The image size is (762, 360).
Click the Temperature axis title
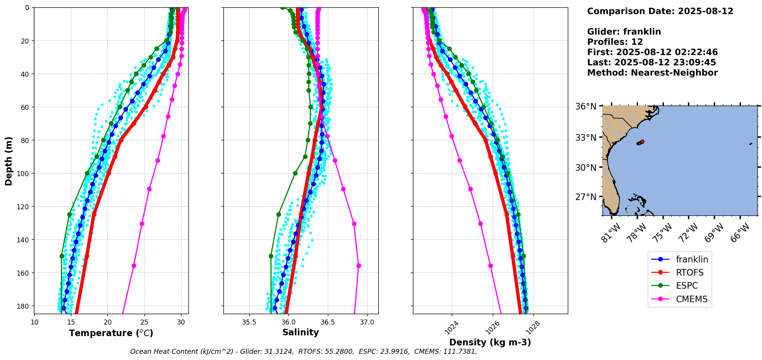pyautogui.click(x=111, y=333)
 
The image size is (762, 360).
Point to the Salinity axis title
pyautogui.click(x=300, y=332)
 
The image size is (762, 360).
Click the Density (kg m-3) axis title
pyautogui.click(x=490, y=342)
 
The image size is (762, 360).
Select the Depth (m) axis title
pyautogui.click(x=9, y=161)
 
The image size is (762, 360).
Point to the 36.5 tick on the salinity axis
pyautogui.click(x=327, y=322)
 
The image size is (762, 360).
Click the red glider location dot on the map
pyautogui.click(x=642, y=142)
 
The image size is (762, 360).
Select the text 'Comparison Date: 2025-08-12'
pyautogui.click(x=660, y=11)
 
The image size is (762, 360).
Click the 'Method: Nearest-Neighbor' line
pyautogui.click(x=652, y=73)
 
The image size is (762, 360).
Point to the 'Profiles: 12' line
pyautogui.click(x=615, y=42)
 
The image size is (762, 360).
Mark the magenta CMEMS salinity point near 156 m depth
pyautogui.click(x=359, y=266)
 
